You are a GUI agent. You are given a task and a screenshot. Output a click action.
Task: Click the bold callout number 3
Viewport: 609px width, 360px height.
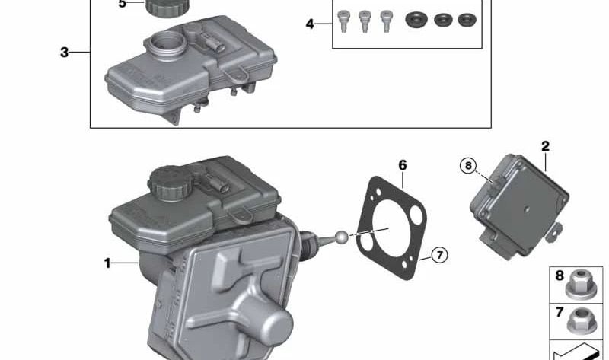pyautogui.click(x=65, y=52)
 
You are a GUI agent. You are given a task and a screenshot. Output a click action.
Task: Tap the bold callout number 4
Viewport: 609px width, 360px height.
pyautogui.click(x=310, y=24)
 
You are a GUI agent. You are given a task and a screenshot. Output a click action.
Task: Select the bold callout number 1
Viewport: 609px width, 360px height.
pyautogui.click(x=107, y=263)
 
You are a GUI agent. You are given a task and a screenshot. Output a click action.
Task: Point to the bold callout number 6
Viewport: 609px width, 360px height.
pyautogui.click(x=403, y=165)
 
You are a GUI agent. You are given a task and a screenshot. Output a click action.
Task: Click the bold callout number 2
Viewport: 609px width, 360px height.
pyautogui.click(x=545, y=146)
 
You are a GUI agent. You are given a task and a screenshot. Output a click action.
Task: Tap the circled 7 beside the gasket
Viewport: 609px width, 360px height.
pyautogui.click(x=440, y=255)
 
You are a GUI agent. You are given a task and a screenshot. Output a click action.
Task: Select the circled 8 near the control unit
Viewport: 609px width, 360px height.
pyautogui.click(x=468, y=166)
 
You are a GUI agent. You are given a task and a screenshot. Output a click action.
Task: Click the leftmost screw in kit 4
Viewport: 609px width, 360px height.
pyautogui.click(x=343, y=21)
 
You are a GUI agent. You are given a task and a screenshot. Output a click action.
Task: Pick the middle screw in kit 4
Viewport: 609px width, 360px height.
pyautogui.click(x=365, y=21)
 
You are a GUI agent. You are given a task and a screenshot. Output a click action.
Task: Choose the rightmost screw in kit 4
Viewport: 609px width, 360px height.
pyautogui.click(x=386, y=21)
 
